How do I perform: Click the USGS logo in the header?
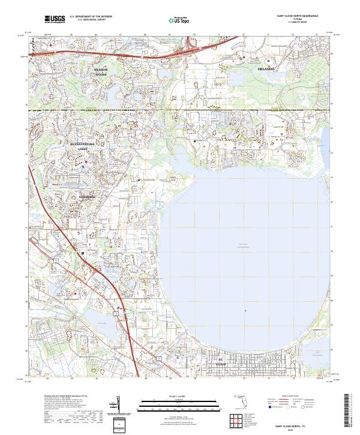[x=55, y=19]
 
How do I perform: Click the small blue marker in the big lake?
[x=245, y=310]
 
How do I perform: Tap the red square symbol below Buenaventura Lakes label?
[x=86, y=161]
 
